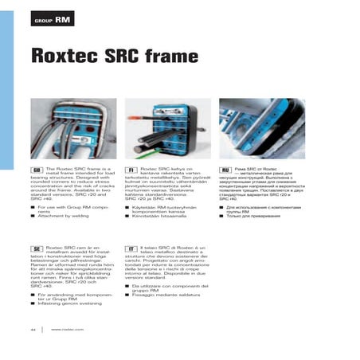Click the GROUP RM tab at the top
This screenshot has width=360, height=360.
(x=52, y=17)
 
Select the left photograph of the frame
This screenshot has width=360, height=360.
(x=72, y=129)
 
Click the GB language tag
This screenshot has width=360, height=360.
(x=37, y=170)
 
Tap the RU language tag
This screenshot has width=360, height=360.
(x=225, y=170)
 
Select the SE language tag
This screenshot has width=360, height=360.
(x=37, y=249)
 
